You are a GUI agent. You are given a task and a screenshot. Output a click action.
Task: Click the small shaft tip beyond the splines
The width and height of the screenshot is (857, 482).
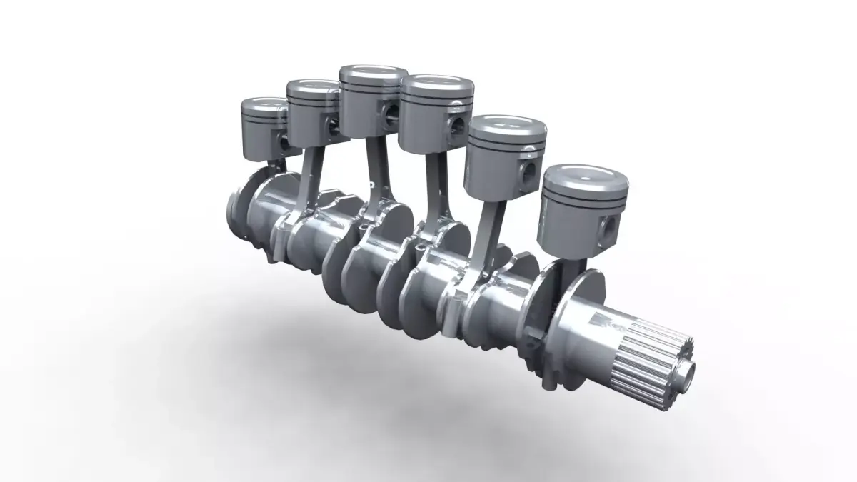(x=687, y=371)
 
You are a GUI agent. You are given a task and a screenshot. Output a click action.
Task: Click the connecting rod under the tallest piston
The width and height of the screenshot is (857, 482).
(x=374, y=171)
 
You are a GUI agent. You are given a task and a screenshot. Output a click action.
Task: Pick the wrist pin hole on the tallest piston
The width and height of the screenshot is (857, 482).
(x=391, y=113)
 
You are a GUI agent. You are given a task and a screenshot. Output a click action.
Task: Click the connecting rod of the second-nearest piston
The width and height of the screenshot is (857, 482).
(x=489, y=229)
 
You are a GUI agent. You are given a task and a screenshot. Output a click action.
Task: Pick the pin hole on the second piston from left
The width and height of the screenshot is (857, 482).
(x=332, y=127)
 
